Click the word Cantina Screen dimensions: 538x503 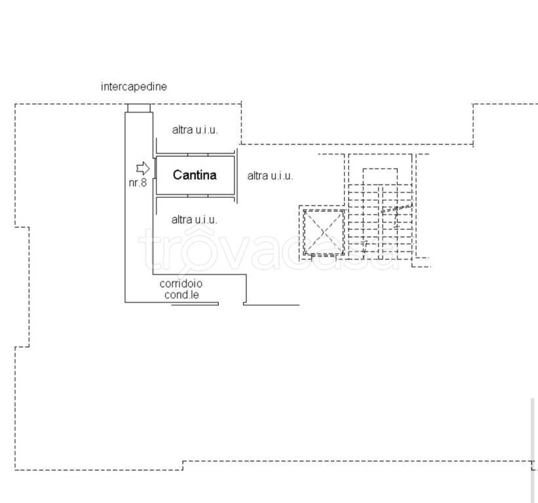point(195,175)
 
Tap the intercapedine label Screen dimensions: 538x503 point(134,86)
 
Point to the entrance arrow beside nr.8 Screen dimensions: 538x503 point(143,168)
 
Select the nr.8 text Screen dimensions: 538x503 point(138,183)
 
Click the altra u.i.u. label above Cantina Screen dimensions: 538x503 point(195,130)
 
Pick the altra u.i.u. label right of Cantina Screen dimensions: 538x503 point(270,176)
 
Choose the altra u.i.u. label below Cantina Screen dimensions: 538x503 point(194,219)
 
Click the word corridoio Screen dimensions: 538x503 point(181,284)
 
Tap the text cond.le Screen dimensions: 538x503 point(182,295)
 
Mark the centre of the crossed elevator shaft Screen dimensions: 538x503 point(324,233)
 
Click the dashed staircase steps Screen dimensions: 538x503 point(380,222)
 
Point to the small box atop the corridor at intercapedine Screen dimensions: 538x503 point(139,108)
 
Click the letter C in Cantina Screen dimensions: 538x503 point(177,175)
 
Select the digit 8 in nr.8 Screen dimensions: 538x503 point(144,183)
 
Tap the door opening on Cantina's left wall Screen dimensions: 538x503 point(155,168)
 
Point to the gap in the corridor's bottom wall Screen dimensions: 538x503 point(231,304)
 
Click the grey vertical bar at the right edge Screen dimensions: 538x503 point(532,450)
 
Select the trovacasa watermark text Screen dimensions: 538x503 point(267,249)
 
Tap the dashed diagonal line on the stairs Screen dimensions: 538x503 point(396,208)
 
